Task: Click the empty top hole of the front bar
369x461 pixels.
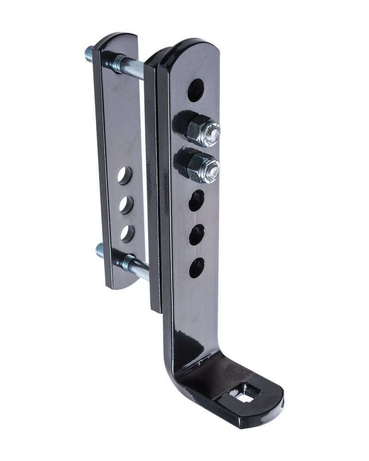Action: point(195,90)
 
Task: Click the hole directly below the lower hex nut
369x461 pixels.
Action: point(196,201)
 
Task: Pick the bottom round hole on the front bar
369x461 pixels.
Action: point(196,268)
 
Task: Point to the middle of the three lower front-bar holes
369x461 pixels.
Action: point(196,235)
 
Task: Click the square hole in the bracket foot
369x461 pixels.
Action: point(244,393)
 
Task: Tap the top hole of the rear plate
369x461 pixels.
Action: point(125,175)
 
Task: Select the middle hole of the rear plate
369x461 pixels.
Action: point(126,205)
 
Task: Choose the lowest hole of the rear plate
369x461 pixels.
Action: point(127,234)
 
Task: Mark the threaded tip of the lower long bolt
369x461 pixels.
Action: point(100,251)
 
